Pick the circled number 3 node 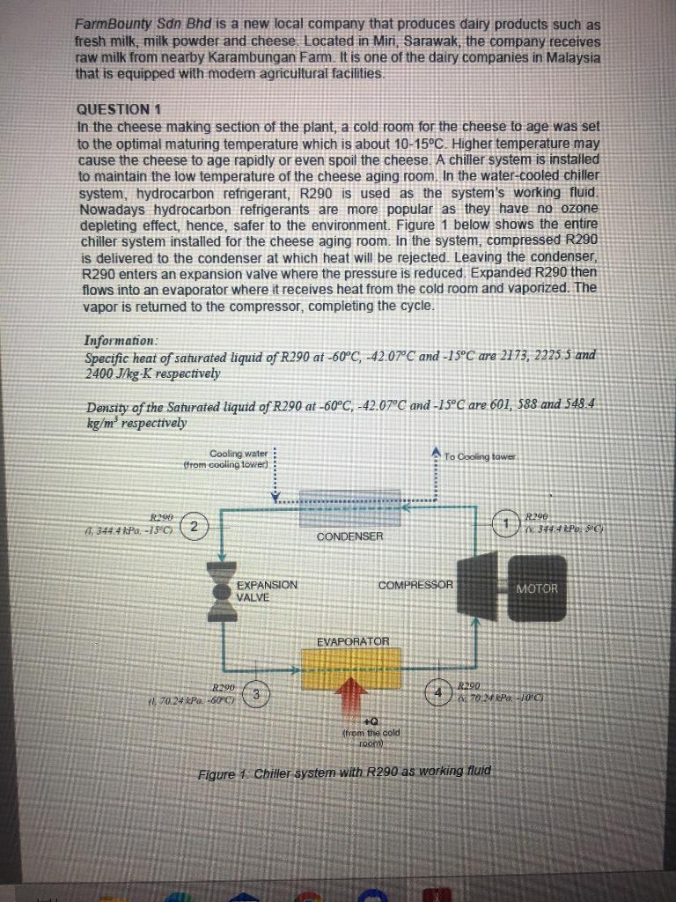(x=255, y=693)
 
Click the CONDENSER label (x=349, y=536)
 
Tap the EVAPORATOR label (x=353, y=640)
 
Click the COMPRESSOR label (x=415, y=585)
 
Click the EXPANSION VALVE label (x=268, y=590)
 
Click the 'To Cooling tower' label (x=481, y=456)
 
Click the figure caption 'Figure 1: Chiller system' (x=344, y=772)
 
